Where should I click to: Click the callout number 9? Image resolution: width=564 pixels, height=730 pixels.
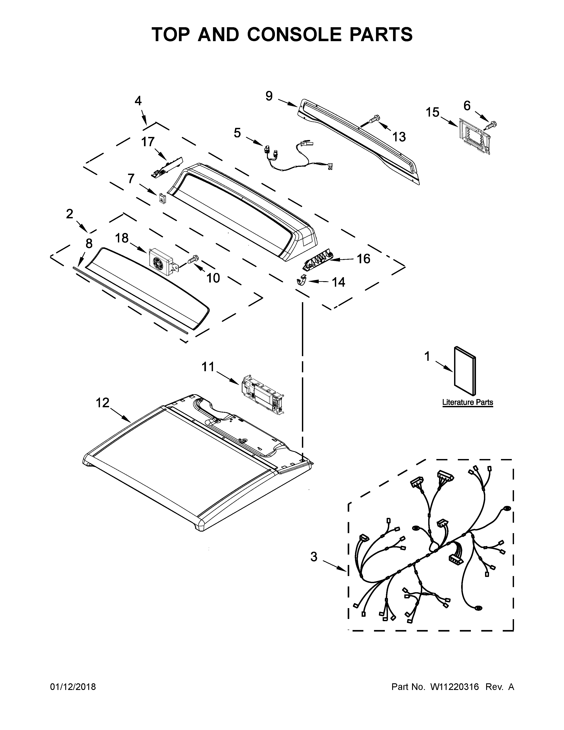point(269,96)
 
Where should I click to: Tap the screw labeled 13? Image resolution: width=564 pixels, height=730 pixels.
point(374,118)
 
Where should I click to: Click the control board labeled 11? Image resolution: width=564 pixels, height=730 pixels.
point(262,394)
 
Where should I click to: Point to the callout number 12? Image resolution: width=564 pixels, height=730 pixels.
point(103,403)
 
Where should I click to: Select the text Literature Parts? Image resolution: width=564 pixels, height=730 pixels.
point(467,402)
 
